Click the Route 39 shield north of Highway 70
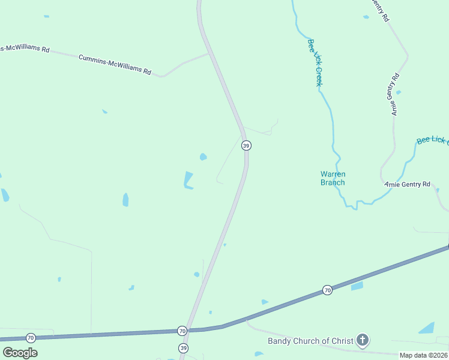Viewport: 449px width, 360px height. [246, 146]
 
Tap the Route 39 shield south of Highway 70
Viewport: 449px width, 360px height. [183, 348]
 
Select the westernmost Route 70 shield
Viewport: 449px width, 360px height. [31, 338]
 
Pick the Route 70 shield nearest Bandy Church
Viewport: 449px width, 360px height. [327, 290]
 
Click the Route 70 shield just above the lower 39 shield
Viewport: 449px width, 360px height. [182, 331]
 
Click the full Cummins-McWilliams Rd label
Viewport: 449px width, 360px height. [115, 64]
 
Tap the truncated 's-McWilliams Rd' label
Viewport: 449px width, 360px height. [25, 48]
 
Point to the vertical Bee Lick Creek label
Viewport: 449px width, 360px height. [316, 62]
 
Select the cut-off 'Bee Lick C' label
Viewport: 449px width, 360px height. [433, 140]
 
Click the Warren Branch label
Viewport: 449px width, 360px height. [333, 178]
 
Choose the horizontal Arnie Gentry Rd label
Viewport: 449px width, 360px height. [408, 184]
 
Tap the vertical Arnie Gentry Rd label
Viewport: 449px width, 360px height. [394, 94]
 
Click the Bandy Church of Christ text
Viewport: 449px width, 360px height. [310, 341]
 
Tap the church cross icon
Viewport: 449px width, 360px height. [362, 341]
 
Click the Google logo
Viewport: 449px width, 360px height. [20, 352]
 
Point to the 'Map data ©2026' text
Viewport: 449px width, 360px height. [423, 355]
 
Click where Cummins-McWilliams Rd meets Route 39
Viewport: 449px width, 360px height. [208, 54]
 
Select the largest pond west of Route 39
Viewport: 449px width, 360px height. [188, 180]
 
